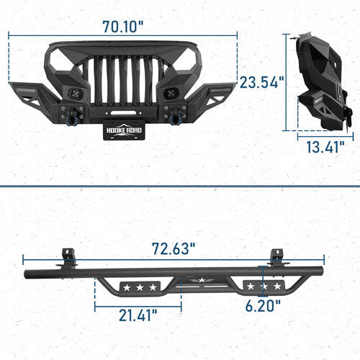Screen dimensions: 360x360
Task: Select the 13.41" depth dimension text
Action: tap(321, 148)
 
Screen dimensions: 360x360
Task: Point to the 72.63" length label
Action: tap(174, 249)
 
